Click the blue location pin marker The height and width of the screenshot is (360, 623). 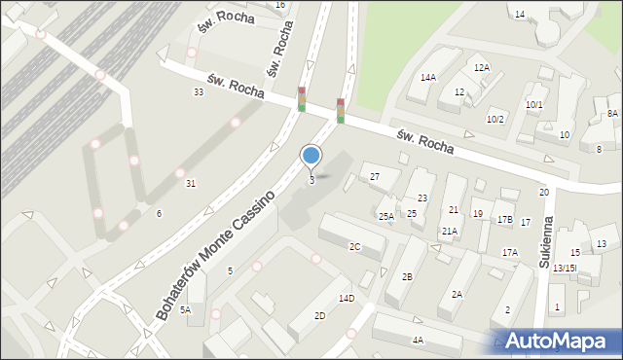click(x=311, y=156)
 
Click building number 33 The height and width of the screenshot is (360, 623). click(x=199, y=91)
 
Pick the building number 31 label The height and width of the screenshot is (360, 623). click(x=191, y=184)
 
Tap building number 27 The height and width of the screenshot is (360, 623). click(x=375, y=176)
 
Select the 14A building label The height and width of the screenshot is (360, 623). click(x=427, y=77)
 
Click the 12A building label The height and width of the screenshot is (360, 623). click(x=481, y=68)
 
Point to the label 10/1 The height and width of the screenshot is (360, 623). click(x=534, y=104)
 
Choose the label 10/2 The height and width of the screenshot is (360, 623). click(x=495, y=119)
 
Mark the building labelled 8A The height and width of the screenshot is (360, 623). click(x=612, y=114)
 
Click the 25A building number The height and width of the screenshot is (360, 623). click(x=386, y=216)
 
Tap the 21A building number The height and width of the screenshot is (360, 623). click(x=449, y=232)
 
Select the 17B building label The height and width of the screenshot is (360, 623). click(x=504, y=219)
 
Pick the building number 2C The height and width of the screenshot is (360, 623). click(x=355, y=247)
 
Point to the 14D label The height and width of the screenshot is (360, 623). click(x=347, y=298)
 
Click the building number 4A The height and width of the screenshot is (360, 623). click(x=418, y=340)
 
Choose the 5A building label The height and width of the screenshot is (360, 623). click(x=185, y=309)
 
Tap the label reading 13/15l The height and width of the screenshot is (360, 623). click(x=565, y=268)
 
